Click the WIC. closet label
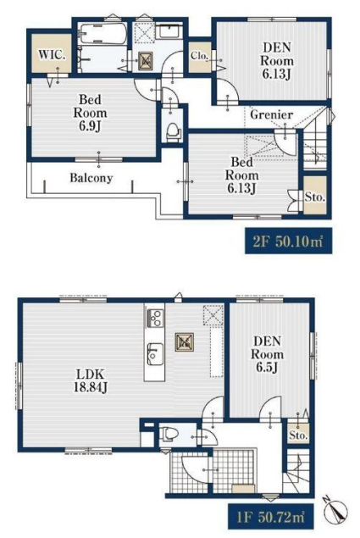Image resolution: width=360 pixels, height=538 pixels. coord(52,55)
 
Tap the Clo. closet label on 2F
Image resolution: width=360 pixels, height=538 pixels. coord(200,56)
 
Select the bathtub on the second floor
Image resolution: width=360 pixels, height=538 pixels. coord(102,34)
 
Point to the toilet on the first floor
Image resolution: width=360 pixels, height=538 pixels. coord(169,434)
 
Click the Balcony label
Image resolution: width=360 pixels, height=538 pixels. coord(91,178)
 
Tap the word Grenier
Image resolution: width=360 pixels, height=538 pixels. coord(271,114)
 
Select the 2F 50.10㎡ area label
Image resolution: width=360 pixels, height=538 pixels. coord(288,241)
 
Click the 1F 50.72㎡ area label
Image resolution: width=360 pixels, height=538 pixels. coord(270,517)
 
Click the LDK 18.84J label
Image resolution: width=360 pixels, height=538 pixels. coord(91,380)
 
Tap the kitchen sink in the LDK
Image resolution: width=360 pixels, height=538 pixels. coord(155,354)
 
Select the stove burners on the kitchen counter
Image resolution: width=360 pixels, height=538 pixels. coord(155,318)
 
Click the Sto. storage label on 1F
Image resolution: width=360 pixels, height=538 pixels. coord(298,435)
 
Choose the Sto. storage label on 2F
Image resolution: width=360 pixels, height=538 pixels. coord(315,197)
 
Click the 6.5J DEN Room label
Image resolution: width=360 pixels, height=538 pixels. coord(268,354)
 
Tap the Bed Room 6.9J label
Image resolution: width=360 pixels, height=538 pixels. coord(91,113)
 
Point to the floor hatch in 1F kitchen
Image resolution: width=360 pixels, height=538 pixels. coord(185,342)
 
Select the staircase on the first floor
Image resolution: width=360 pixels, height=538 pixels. coord(297,471)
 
